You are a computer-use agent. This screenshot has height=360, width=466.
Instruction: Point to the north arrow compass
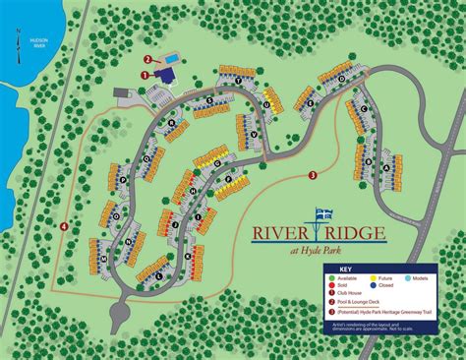17,37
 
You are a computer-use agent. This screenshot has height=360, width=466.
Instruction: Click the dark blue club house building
158,72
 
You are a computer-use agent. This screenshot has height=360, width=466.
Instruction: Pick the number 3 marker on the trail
312,176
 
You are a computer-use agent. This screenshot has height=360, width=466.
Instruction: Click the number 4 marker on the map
64,227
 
